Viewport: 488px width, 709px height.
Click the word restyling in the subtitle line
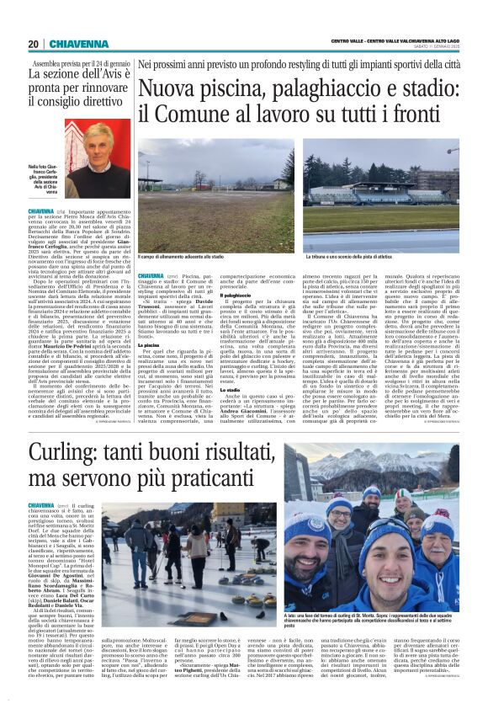tap(268, 63)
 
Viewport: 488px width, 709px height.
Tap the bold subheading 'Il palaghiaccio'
tap(236, 296)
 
